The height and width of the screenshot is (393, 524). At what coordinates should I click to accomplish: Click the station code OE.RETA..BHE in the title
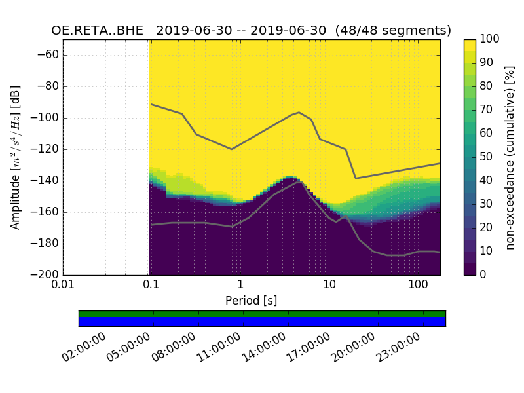pyautogui.click(x=100, y=31)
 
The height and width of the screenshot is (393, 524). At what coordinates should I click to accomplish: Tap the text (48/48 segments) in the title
pyautogui.click(x=393, y=31)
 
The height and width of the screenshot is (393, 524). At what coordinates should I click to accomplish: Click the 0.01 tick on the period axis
pyautogui.click(x=63, y=284)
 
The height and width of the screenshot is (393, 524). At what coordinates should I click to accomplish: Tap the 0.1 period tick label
pyautogui.click(x=151, y=284)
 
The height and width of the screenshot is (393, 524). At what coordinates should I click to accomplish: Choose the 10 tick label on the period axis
pyautogui.click(x=329, y=284)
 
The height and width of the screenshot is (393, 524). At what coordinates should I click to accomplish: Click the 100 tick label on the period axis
pyautogui.click(x=418, y=284)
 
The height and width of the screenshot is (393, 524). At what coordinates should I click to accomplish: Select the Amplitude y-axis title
pyautogui.click(x=15, y=157)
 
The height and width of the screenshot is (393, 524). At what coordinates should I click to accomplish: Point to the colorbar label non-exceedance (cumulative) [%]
pyautogui.click(x=510, y=157)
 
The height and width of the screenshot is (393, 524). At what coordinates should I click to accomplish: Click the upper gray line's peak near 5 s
pyautogui.click(x=299, y=113)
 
